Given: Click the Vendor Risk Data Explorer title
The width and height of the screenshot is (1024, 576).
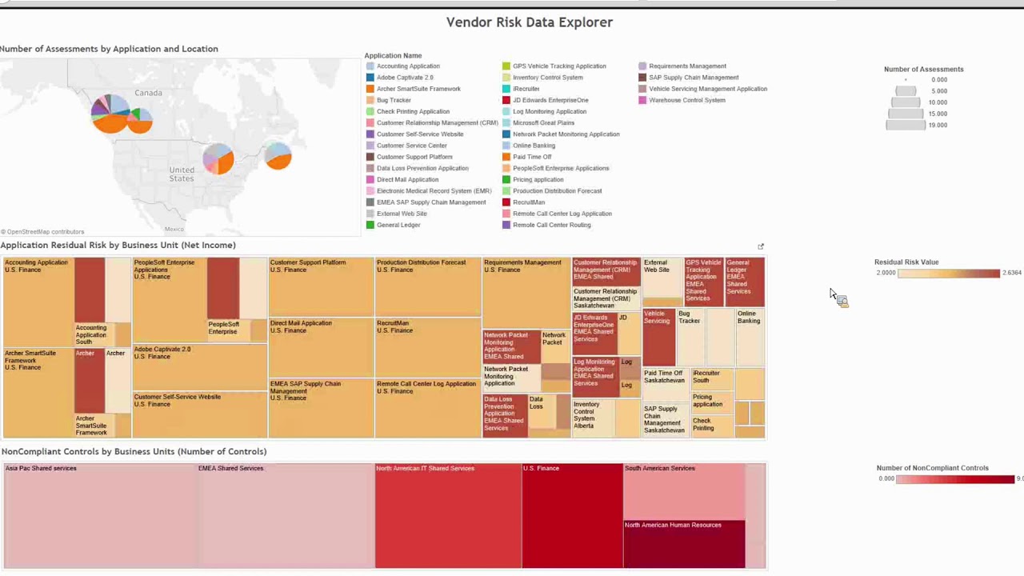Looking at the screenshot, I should point(529,22).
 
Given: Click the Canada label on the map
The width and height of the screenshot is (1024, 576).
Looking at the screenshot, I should point(148,93).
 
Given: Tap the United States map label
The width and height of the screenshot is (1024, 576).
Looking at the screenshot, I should point(182,174).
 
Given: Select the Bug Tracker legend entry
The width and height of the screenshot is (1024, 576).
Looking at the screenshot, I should point(393,100).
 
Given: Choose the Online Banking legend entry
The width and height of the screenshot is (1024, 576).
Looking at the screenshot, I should point(533,146).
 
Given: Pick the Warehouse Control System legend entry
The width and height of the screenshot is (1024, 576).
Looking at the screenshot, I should point(686,100).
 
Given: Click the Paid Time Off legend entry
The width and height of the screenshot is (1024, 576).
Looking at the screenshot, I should point(531,157).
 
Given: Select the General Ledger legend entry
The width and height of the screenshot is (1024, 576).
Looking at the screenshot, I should point(398,225).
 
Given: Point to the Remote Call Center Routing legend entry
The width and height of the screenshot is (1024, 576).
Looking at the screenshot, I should point(551,225).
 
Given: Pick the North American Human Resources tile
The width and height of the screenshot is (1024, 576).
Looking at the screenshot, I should point(683,544).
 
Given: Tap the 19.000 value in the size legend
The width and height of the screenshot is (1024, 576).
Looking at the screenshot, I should point(938,125).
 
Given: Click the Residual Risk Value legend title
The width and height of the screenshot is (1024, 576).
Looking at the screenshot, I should point(906,262).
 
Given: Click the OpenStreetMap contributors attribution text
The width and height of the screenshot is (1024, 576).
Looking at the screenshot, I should point(43,232).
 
